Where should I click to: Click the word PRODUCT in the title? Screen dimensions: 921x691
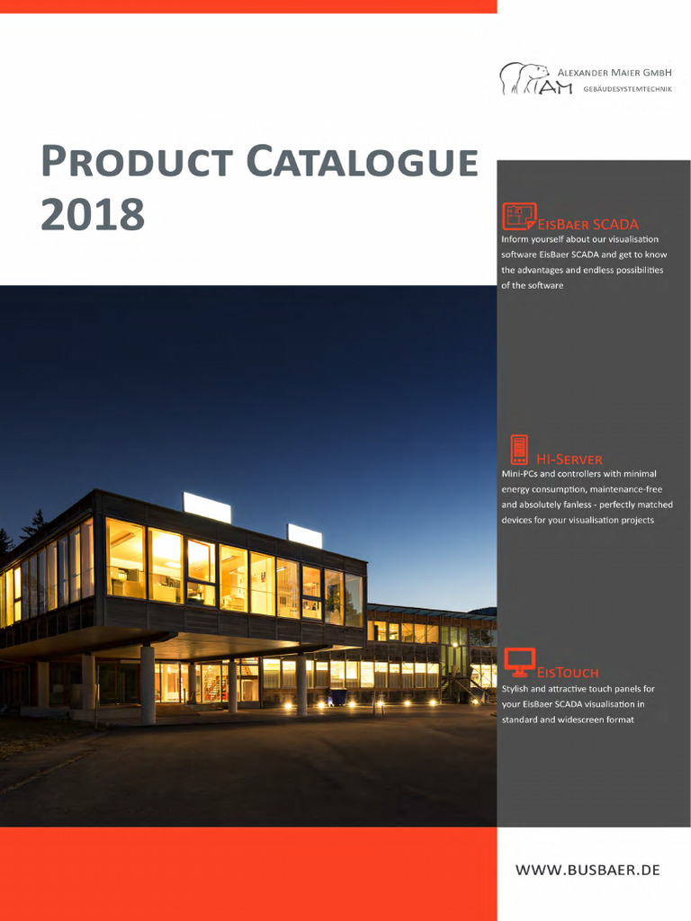136,164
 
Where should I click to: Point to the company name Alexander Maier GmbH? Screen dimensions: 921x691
615,71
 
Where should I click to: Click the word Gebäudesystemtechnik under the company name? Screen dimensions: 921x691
627,89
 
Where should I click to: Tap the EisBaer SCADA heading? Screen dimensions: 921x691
588,224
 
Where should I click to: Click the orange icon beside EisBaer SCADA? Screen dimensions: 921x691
518,217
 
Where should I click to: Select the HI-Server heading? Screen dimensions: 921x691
570,460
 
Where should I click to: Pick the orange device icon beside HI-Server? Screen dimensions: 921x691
519,450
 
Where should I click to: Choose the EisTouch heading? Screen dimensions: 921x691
568,672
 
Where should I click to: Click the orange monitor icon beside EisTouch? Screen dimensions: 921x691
519,662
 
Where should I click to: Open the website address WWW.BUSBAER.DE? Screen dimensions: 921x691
588,870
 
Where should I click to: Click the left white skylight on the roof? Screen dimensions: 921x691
207,507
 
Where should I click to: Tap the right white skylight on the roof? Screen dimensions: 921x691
304,536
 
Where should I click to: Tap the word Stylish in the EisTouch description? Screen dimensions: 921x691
516,689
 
